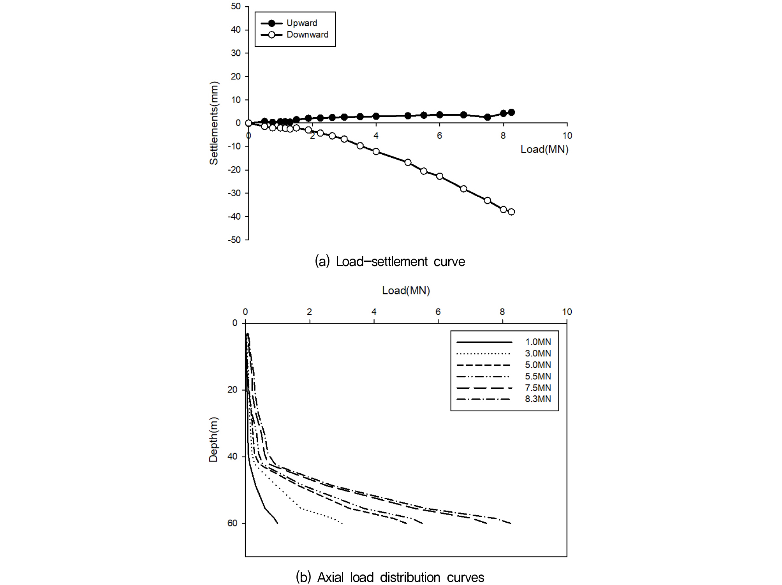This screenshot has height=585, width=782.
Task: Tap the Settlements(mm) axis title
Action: pyautogui.click(x=214, y=123)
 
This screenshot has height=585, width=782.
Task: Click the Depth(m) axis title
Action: pyautogui.click(x=213, y=439)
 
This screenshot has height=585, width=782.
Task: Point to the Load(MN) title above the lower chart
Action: pyautogui.click(x=406, y=291)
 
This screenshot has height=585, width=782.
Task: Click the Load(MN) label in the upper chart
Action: pyautogui.click(x=544, y=149)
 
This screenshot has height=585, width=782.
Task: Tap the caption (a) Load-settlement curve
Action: pyautogui.click(x=390, y=261)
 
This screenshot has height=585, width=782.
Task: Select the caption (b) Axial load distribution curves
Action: pyautogui.click(x=390, y=577)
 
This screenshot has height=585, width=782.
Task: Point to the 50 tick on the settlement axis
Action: pyautogui.click(x=236, y=6)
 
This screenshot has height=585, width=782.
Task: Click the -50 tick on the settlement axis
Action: pyautogui.click(x=234, y=240)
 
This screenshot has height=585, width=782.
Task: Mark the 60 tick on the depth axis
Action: pyautogui.click(x=232, y=523)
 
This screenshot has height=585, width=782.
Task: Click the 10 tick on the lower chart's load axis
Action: pyautogui.click(x=567, y=312)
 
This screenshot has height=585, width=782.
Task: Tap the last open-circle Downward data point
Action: pyautogui.click(x=511, y=212)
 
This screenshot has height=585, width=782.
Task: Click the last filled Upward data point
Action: pyautogui.click(x=511, y=112)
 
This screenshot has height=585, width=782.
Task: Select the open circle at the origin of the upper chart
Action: pyautogui.click(x=248, y=123)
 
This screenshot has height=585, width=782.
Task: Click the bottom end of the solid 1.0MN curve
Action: pyautogui.click(x=277, y=523)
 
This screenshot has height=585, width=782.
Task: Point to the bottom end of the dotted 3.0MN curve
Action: pyautogui.click(x=342, y=523)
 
